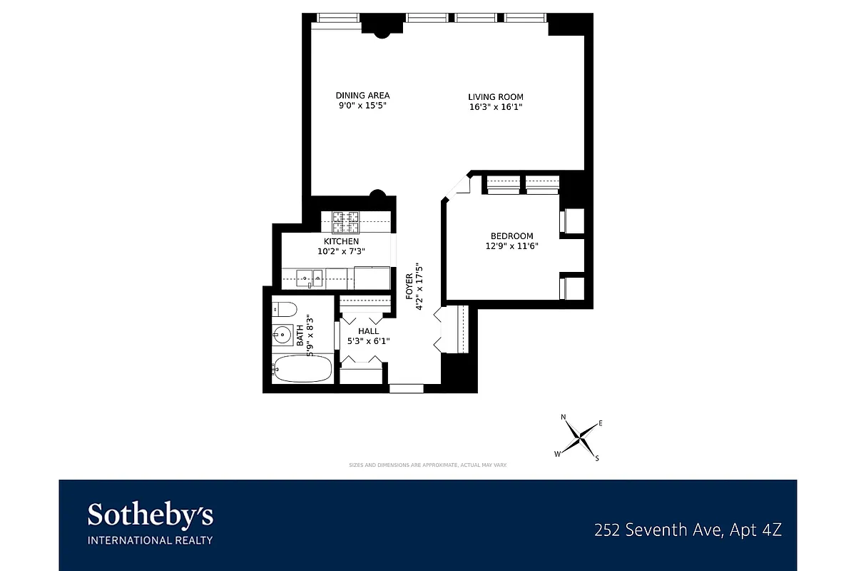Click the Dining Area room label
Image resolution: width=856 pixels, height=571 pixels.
click(x=362, y=96)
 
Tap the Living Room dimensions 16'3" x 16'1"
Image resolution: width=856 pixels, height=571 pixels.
click(x=496, y=107)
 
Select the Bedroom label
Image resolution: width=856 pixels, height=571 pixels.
click(x=511, y=236)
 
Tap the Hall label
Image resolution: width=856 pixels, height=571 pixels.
click(x=368, y=331)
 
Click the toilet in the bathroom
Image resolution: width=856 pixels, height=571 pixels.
click(x=284, y=309)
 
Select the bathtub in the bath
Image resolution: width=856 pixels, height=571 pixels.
click(x=302, y=369)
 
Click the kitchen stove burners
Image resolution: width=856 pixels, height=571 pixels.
click(x=346, y=222)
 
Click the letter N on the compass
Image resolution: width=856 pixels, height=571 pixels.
click(x=563, y=417)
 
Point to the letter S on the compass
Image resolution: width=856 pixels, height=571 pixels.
click(x=597, y=458)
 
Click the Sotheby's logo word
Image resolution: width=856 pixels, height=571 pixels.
click(x=150, y=515)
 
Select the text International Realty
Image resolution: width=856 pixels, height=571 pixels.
click(x=150, y=540)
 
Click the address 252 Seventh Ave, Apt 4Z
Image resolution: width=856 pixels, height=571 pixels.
click(x=688, y=530)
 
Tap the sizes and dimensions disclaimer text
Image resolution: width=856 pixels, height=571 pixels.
click(x=427, y=465)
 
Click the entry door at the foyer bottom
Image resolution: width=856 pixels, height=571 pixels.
click(x=406, y=388)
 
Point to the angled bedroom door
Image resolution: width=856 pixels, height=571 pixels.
click(x=455, y=187)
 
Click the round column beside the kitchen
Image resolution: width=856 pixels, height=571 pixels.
click(x=379, y=196)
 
